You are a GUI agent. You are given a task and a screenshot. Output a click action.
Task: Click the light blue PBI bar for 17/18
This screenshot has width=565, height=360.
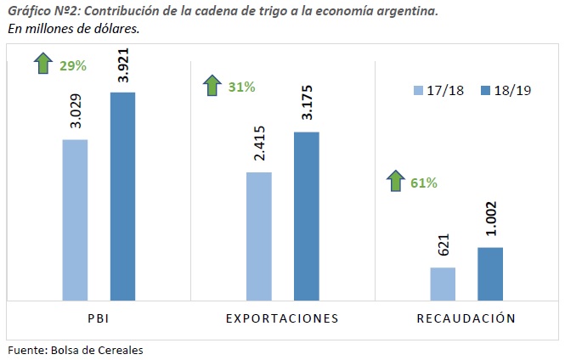(75, 220)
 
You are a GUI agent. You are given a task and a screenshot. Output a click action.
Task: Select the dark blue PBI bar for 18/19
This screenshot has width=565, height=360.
(123, 196)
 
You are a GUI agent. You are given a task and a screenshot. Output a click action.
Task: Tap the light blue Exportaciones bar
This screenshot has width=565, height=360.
(258, 236)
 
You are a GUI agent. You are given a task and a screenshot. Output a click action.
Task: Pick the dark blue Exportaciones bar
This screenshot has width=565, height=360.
(307, 216)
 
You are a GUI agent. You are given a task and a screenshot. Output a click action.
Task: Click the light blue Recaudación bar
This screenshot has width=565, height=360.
(443, 284)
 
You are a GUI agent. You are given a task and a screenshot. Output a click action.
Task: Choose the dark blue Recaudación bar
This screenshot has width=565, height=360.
(490, 273)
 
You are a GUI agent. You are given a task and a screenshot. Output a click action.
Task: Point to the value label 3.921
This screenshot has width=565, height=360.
(124, 65)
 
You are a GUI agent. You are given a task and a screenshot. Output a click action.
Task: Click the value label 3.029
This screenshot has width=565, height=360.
(76, 111)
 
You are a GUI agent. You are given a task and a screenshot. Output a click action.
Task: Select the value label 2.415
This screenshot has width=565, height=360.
(259, 146)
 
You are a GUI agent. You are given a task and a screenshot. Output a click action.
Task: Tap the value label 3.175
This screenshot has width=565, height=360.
(308, 104)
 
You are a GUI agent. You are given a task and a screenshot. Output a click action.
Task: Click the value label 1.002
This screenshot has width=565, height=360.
(491, 220)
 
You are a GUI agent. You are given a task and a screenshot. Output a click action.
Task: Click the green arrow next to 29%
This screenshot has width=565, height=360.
(43, 63)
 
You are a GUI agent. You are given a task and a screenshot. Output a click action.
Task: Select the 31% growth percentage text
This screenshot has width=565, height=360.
(240, 86)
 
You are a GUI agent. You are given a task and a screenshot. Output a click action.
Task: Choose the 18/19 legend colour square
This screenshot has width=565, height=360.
(487, 91)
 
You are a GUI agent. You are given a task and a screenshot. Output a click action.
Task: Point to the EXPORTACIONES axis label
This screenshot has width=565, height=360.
(282, 318)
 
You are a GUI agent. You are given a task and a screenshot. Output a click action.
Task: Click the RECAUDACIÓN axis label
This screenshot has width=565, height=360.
(466, 318)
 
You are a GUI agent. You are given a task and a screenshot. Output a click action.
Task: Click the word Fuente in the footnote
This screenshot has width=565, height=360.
(24, 349)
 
